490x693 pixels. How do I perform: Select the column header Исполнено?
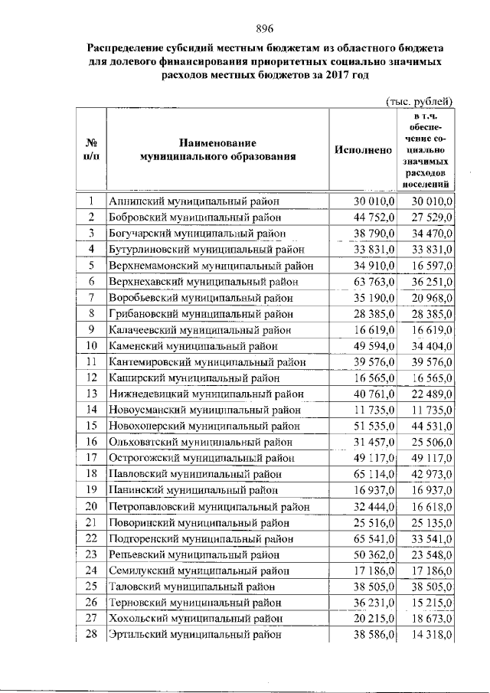[x=363, y=150]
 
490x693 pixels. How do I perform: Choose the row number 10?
[x=90, y=345]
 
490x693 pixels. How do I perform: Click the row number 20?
[x=90, y=506]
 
